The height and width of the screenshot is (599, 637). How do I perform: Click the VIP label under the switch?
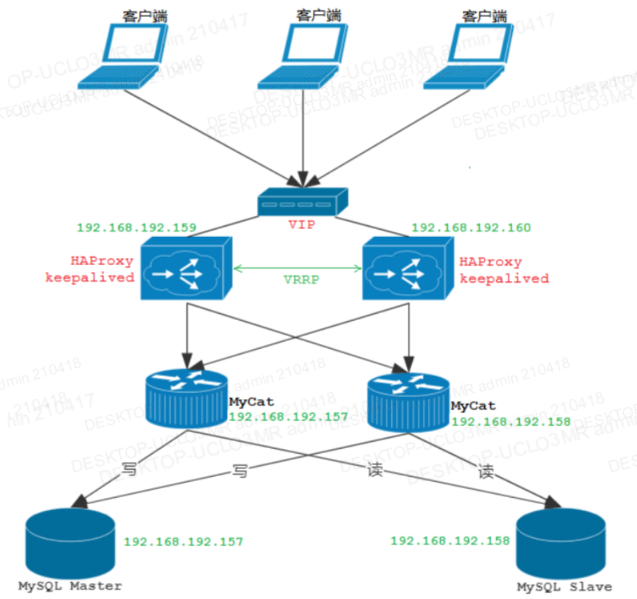301,225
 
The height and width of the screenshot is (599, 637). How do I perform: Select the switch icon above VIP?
303,201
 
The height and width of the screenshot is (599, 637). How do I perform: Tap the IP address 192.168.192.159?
136,228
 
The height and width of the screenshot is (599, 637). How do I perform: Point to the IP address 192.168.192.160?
471,228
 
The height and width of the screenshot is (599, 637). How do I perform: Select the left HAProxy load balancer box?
185,269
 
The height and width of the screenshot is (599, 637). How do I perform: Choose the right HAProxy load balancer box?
408,269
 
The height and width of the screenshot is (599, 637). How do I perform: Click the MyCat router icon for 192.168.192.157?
186,398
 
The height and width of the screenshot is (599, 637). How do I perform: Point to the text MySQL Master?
70,586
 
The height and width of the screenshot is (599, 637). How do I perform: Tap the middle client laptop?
299,58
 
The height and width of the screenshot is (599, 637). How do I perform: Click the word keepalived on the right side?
504,279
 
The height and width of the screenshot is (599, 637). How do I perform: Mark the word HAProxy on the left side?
102,261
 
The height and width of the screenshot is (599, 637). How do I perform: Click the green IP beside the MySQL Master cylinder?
183,542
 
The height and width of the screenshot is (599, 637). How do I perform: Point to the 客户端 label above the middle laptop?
318,14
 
